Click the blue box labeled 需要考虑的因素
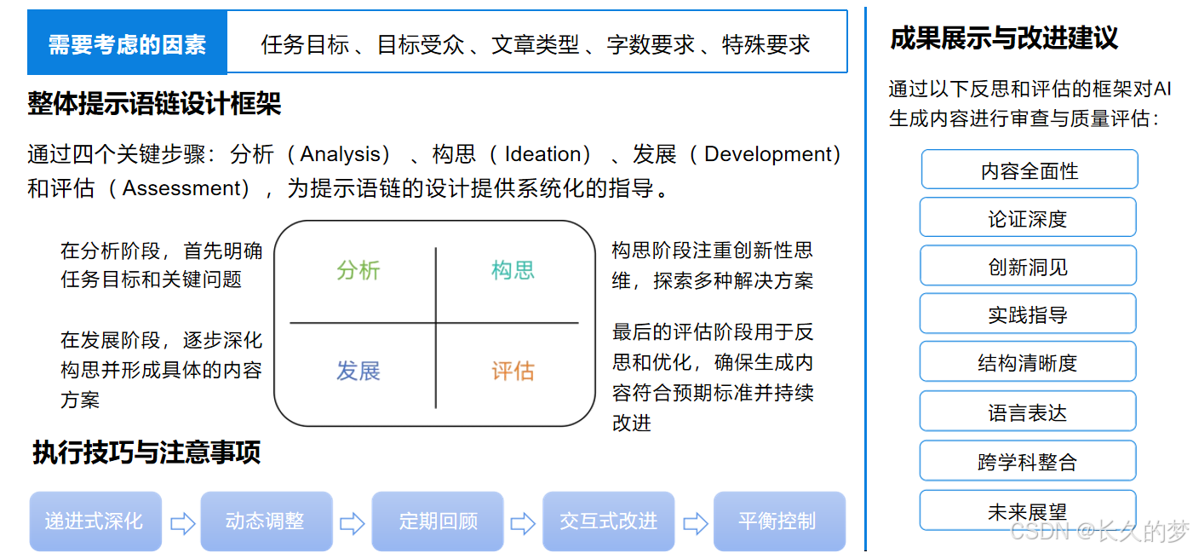127,43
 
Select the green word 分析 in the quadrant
358,270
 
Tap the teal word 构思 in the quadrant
513,270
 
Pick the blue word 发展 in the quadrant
358,371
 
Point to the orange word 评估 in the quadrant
513,371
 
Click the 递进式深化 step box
95,521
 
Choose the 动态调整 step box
266,521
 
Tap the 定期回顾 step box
438,521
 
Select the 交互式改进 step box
608,521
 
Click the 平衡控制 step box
778,521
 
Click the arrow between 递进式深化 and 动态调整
182,522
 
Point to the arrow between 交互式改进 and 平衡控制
695,522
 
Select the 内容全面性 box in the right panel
1029,170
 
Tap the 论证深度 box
1027,218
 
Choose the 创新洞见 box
1027,267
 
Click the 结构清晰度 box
1027,363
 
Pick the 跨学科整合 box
1027,462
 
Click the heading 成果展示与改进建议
1003,38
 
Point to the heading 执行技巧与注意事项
146,452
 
